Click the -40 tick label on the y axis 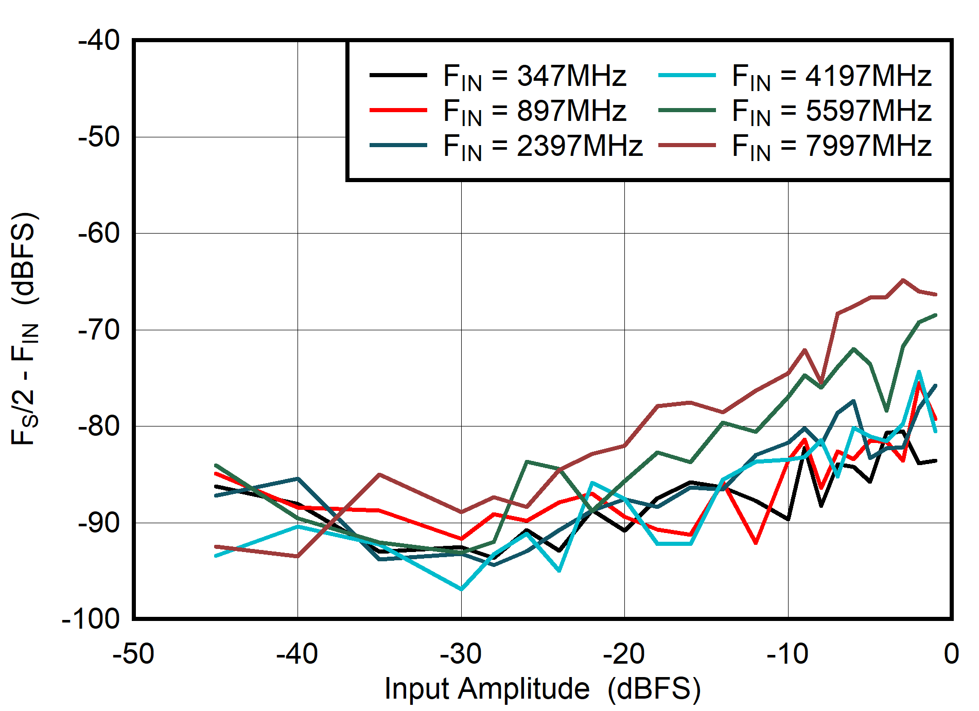tap(99, 40)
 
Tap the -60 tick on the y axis tap(99, 233)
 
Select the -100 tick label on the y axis tap(91, 618)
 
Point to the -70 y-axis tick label tap(99, 330)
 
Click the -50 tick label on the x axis tap(133, 654)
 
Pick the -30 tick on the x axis tap(461, 654)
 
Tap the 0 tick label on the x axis tap(951, 654)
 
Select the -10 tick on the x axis tap(788, 654)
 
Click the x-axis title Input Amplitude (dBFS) tap(543, 688)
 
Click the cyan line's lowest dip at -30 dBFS tap(461, 589)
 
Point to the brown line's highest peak tap(903, 280)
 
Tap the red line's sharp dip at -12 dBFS tap(756, 543)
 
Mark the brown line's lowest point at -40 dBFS tap(298, 556)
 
